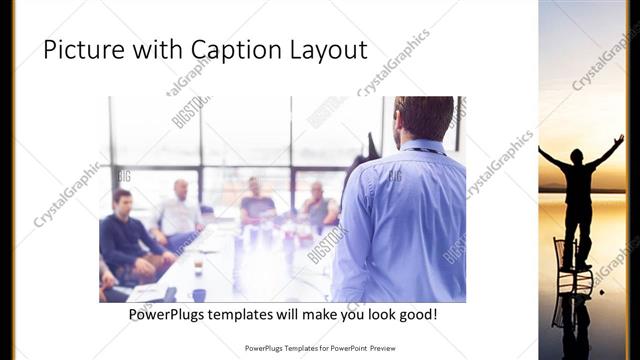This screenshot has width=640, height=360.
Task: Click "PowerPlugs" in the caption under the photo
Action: [175, 314]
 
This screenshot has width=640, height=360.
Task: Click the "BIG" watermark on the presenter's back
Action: [394, 176]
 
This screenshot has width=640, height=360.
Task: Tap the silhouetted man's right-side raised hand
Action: [619, 139]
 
